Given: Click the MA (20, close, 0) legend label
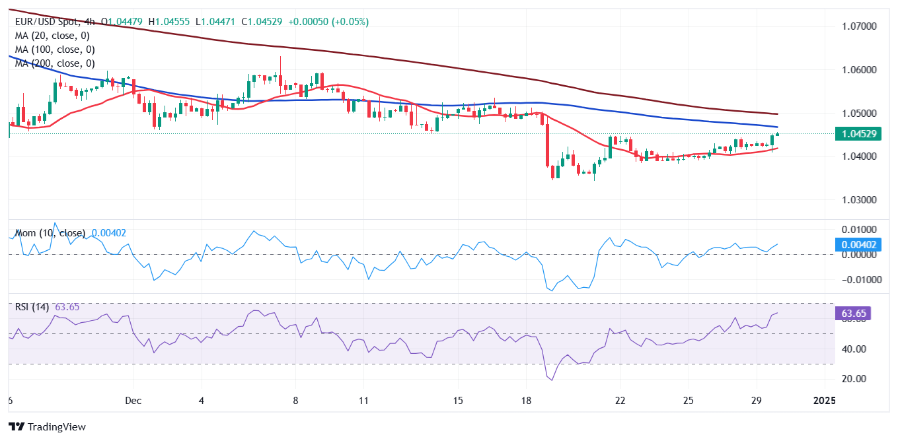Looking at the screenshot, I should click(52, 36).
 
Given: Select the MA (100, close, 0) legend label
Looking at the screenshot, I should click(55, 50).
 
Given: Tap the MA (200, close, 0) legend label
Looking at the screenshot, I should click(55, 63).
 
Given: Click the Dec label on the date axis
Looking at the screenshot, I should click(133, 401).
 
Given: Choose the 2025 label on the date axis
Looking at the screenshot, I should click(824, 401).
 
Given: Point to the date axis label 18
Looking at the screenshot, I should click(526, 401).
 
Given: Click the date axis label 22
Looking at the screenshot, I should click(620, 401).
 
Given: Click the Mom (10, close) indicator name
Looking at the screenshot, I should click(50, 233).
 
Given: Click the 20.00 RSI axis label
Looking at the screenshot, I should click(857, 379).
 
